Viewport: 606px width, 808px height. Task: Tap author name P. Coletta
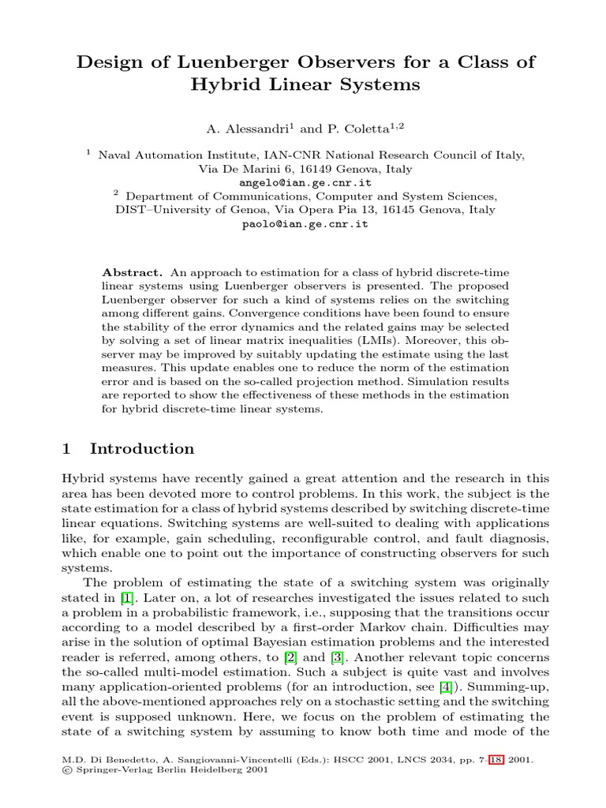tap(368, 128)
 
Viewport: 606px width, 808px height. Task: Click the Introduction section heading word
tap(142, 449)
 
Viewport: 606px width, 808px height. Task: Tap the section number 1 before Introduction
tap(67, 449)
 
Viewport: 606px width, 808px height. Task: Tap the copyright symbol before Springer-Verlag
tap(65, 771)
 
